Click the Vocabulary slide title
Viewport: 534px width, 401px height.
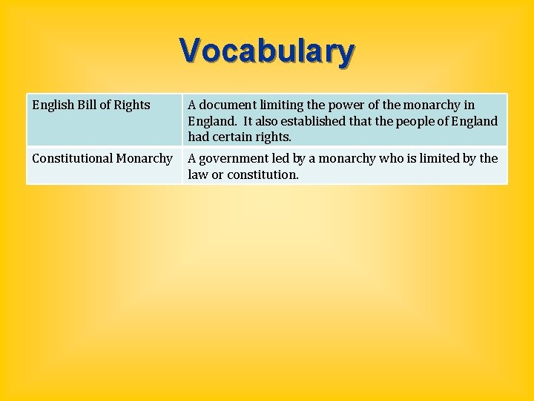click(267, 52)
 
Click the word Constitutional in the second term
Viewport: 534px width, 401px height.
click(71, 158)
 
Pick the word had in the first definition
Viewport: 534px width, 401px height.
click(199, 137)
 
